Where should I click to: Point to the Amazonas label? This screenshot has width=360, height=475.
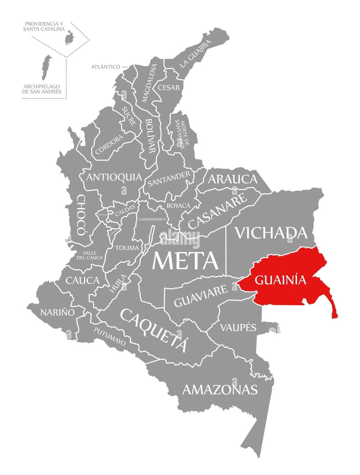click(220, 390)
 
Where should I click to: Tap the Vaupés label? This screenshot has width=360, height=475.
click(238, 327)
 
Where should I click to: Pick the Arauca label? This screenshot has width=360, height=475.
click(233, 179)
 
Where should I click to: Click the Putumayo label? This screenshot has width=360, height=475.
click(109, 336)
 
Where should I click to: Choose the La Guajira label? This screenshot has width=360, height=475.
click(196, 54)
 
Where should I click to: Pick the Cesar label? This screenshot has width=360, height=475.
click(168, 88)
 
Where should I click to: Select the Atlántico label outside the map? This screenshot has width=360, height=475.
click(105, 67)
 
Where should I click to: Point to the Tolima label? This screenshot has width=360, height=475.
click(127, 248)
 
